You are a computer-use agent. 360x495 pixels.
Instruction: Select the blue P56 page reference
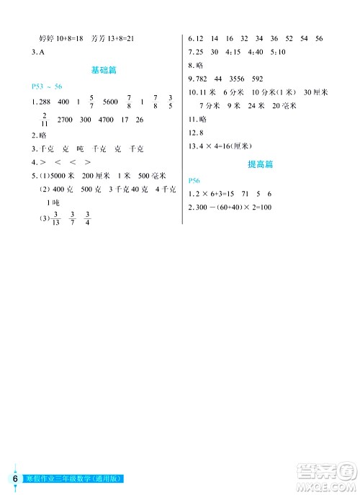click(x=192, y=180)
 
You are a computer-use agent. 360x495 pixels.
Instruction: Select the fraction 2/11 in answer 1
click(x=45, y=119)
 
